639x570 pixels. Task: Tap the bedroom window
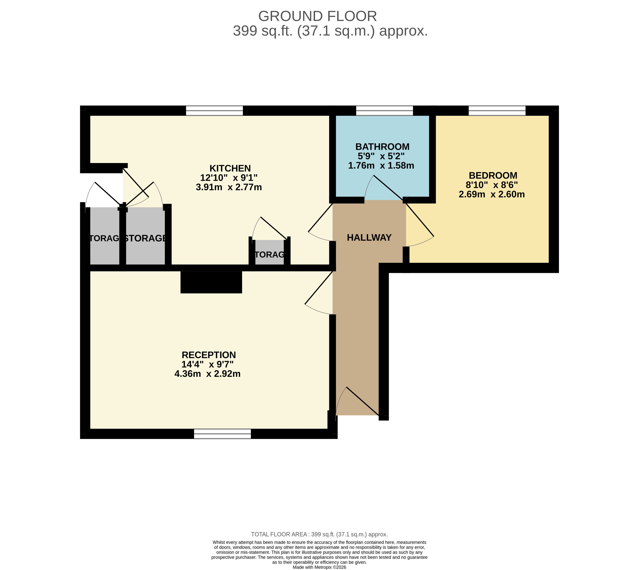[x=497, y=111]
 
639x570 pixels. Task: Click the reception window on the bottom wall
[x=222, y=434]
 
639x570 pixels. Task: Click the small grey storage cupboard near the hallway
[x=269, y=252]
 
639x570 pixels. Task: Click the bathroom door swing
[x=384, y=188]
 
